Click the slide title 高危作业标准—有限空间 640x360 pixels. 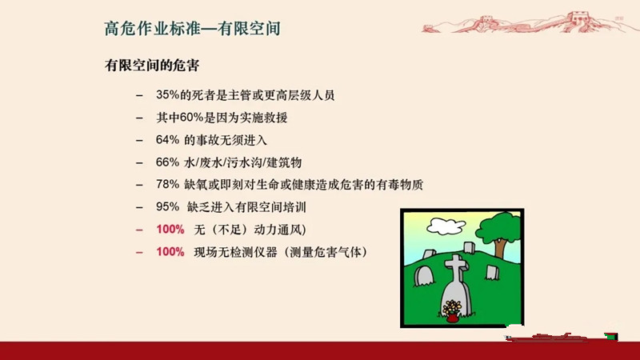tap(192, 29)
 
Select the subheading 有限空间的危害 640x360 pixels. tap(152, 66)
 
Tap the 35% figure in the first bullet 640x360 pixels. tap(168, 95)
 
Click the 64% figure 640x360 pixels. tap(167, 140)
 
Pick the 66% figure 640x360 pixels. tap(167, 162)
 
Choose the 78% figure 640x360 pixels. tap(167, 185)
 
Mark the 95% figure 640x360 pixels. tap(167, 207)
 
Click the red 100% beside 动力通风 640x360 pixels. tap(170, 230)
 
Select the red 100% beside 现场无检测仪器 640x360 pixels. tap(170, 252)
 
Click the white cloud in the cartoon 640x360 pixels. tap(446, 226)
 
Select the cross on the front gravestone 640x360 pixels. tap(456, 268)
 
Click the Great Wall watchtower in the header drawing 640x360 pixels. tap(580, 18)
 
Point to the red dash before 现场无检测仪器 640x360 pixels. tap(139, 252)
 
